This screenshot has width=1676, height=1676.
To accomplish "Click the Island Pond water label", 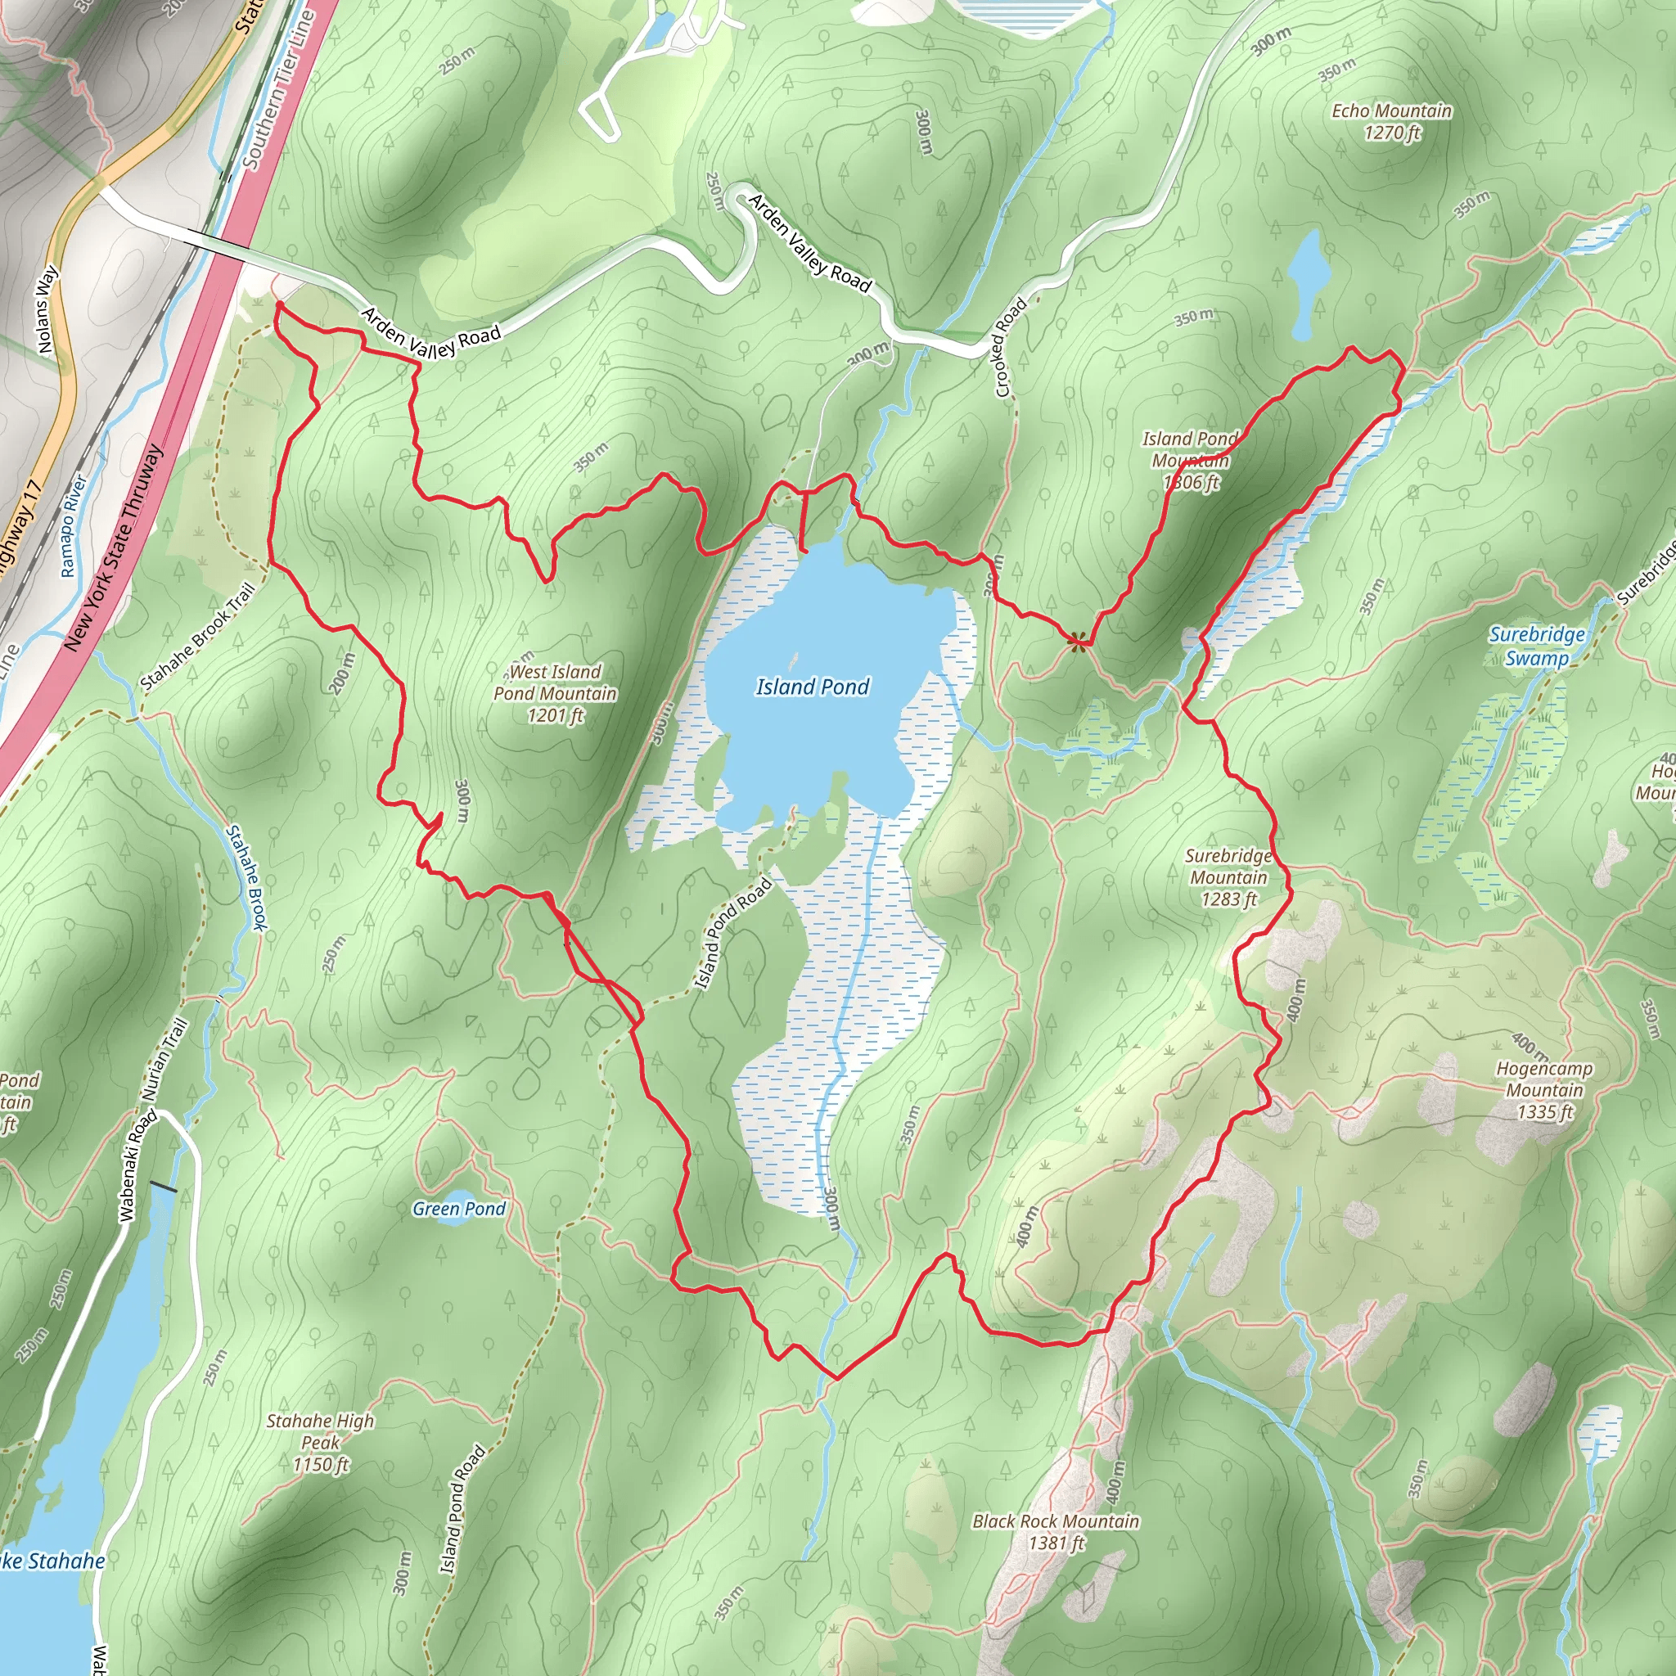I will point(812,687).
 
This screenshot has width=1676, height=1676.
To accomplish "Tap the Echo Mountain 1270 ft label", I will point(1391,121).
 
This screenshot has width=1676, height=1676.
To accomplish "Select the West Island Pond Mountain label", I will point(555,693).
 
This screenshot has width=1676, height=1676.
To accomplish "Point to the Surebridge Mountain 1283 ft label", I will point(1228,877).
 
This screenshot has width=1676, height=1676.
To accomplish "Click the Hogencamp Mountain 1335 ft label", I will point(1544,1089).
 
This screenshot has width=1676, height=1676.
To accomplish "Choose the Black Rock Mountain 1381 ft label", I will point(1056,1531).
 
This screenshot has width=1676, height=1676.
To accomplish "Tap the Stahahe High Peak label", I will point(320,1442).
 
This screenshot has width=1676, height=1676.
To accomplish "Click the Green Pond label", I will point(459,1209).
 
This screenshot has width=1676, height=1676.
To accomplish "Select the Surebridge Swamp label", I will point(1536,646).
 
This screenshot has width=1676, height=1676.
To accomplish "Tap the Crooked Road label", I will point(1011,347).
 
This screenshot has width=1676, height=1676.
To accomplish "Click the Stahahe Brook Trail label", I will point(198,637).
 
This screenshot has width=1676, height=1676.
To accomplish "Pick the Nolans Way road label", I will point(47,309).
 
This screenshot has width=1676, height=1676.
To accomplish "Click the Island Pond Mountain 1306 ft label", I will point(1190,460).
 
